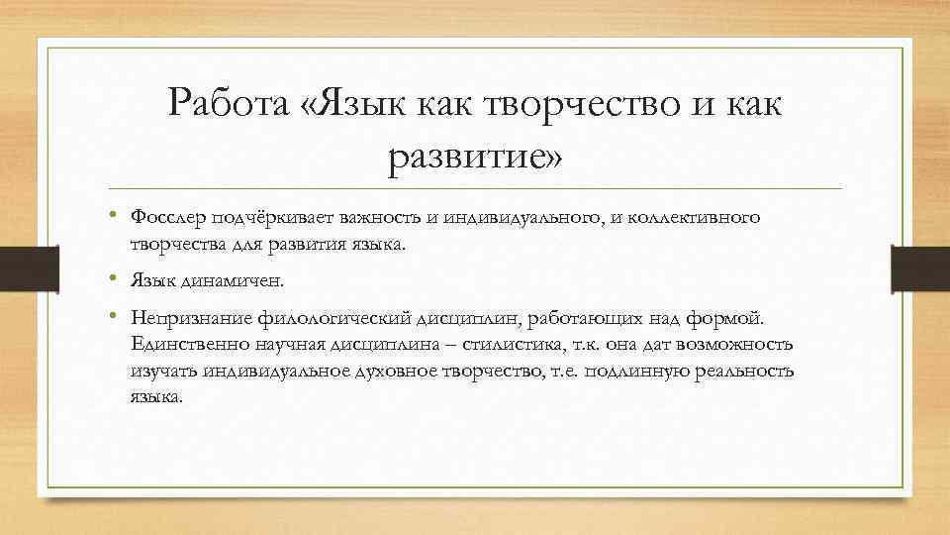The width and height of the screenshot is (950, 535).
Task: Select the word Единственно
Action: coord(177,344)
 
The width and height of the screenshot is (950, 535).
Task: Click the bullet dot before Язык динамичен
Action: coord(115,278)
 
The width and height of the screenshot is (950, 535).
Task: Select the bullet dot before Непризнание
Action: coord(115,316)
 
